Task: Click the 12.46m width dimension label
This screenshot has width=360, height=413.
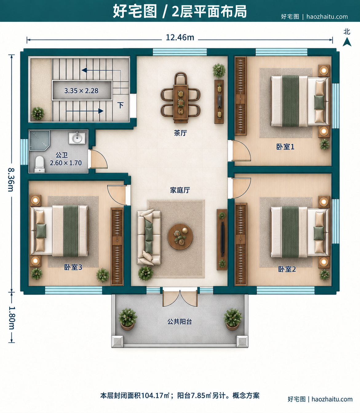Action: click(180, 38)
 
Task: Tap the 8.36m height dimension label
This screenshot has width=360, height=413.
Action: click(11, 179)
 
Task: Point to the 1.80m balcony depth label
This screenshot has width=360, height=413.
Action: click(11, 318)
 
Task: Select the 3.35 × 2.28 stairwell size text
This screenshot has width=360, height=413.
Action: click(81, 91)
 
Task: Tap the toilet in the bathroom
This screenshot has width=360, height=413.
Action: click(40, 164)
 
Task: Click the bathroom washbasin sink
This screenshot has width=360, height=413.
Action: click(77, 138)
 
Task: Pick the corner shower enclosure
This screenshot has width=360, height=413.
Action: click(40, 140)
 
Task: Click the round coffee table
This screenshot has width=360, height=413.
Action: click(180, 236)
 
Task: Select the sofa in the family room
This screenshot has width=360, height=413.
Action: click(149, 237)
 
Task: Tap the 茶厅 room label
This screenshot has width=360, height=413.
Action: click(180, 133)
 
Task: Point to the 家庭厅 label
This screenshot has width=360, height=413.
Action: click(180, 190)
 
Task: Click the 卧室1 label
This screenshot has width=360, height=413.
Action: click(285, 147)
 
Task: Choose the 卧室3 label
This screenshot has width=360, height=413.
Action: click(73, 267)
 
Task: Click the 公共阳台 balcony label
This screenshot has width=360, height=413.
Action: click(180, 321)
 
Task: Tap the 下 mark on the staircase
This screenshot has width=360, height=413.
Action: click(121, 105)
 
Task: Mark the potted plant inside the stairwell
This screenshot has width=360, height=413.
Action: click(38, 113)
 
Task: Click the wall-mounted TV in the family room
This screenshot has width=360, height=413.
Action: click(222, 239)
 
